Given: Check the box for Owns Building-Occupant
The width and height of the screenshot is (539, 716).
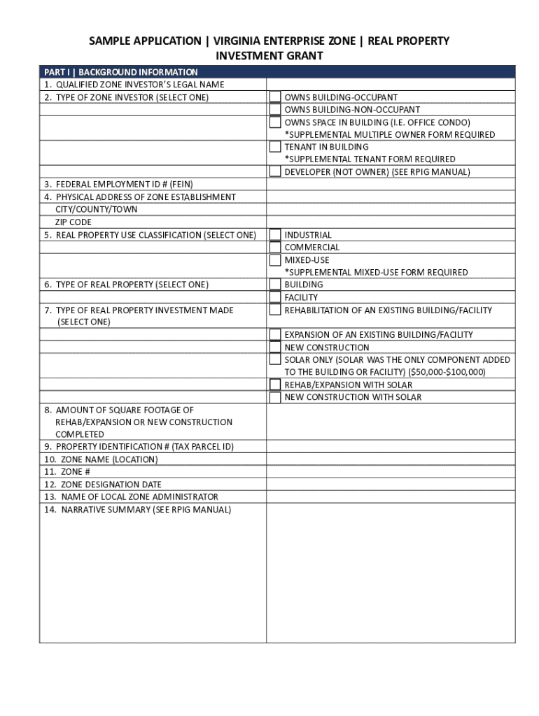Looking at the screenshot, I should (276, 97).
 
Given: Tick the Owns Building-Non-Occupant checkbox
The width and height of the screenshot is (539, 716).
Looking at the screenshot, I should (276, 110).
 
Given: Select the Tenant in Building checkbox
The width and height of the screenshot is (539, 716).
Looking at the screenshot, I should (276, 147).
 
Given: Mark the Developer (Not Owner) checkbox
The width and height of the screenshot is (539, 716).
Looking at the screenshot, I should (276, 172).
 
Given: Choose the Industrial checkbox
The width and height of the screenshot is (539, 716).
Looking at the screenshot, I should (276, 235).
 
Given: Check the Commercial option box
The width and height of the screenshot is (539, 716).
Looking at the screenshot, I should (276, 248).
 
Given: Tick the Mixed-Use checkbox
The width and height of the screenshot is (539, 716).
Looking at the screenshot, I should (276, 260).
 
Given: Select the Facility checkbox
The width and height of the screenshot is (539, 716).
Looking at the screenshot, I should (276, 297).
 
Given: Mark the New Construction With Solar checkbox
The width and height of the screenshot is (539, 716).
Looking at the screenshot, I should (276, 397).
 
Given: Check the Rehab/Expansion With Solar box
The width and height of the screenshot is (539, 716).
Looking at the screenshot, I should (276, 385).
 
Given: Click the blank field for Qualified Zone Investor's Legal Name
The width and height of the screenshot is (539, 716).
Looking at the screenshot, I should (390, 85).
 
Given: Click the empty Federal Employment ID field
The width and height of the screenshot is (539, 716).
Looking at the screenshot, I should (390, 185).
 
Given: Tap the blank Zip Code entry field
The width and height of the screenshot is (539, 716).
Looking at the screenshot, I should (390, 222).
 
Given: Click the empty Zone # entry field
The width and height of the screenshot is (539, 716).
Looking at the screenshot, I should (390, 472).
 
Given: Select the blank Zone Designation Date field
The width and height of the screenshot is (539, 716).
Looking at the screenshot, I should (390, 485).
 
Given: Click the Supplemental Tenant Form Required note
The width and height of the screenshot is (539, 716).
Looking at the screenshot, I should (370, 159).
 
